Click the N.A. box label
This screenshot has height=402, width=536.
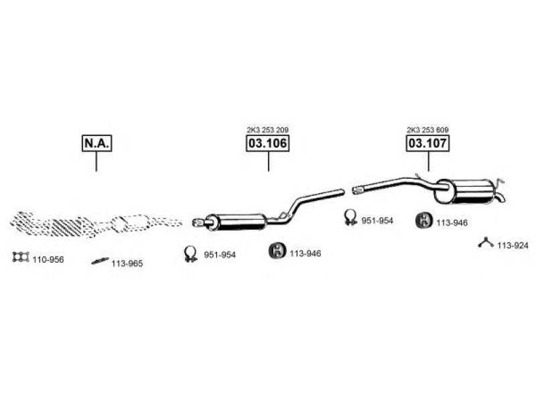click(96, 143)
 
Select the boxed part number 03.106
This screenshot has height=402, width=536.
click(268, 143)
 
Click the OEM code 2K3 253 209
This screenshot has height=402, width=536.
click(268, 129)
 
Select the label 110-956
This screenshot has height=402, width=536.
click(48, 259)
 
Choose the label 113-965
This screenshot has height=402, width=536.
click(127, 263)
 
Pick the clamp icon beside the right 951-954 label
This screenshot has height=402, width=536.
click(350, 217)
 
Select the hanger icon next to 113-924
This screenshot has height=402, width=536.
click(486, 243)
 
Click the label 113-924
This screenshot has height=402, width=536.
click(513, 245)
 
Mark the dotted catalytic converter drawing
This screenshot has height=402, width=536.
click(94, 222)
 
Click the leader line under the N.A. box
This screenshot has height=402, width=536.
click(96, 161)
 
